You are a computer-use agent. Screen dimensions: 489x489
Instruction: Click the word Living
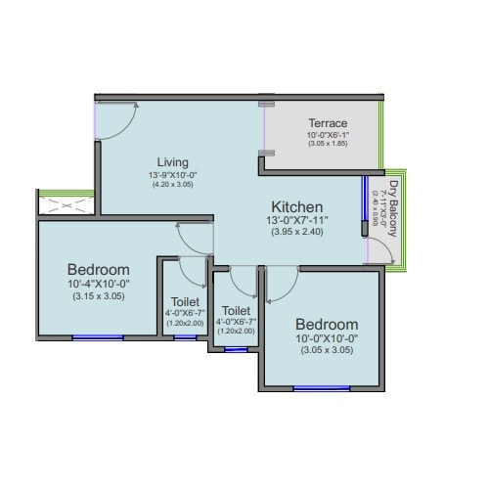point(172,161)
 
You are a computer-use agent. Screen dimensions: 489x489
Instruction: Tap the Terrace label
point(327,123)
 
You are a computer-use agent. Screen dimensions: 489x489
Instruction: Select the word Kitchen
point(297,207)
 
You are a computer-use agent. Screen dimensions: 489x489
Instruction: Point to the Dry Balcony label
point(393,207)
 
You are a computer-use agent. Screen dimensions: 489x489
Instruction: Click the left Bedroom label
point(99,269)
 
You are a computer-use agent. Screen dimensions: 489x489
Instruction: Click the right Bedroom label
point(327,324)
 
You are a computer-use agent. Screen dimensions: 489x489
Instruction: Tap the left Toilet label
point(185,301)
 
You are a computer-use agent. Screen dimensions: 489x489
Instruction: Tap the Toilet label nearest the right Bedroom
point(236,310)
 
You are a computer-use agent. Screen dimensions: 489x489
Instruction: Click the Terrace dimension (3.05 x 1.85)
point(327,144)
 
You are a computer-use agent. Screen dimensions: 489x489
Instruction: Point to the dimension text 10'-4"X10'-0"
point(99,285)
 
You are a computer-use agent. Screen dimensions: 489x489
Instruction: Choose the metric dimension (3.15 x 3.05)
point(99,297)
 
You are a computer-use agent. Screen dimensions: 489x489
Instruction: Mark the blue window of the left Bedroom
point(98,337)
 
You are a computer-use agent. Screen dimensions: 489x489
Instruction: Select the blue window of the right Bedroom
point(322,388)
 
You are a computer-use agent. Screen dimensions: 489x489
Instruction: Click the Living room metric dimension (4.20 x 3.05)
point(172,185)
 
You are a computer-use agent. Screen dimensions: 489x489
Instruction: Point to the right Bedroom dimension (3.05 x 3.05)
point(327,349)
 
